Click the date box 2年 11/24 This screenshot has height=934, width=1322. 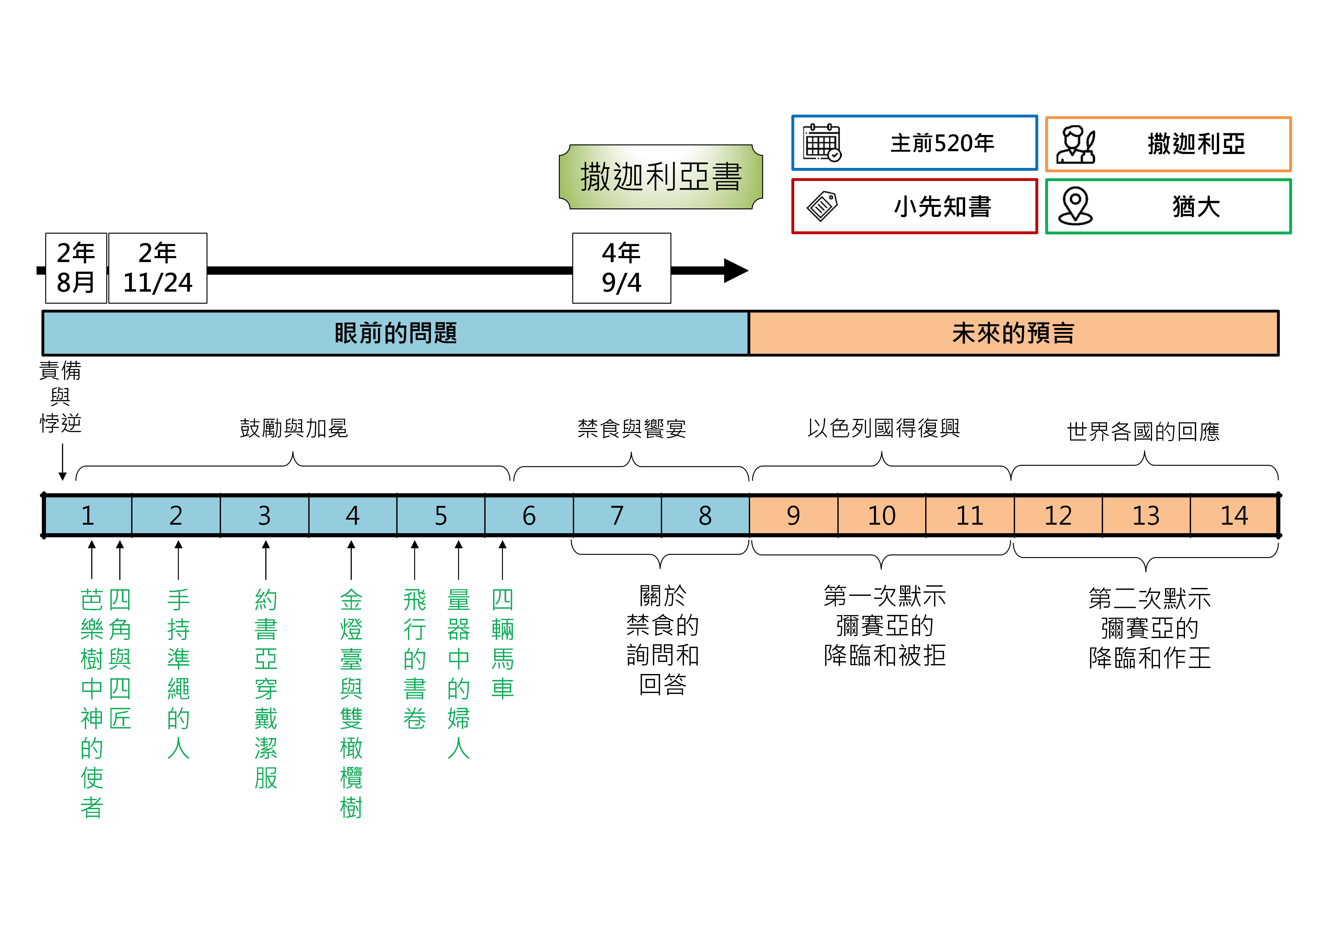[x=158, y=268]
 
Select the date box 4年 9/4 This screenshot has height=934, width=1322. [x=621, y=268]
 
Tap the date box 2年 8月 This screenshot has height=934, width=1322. [x=76, y=268]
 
